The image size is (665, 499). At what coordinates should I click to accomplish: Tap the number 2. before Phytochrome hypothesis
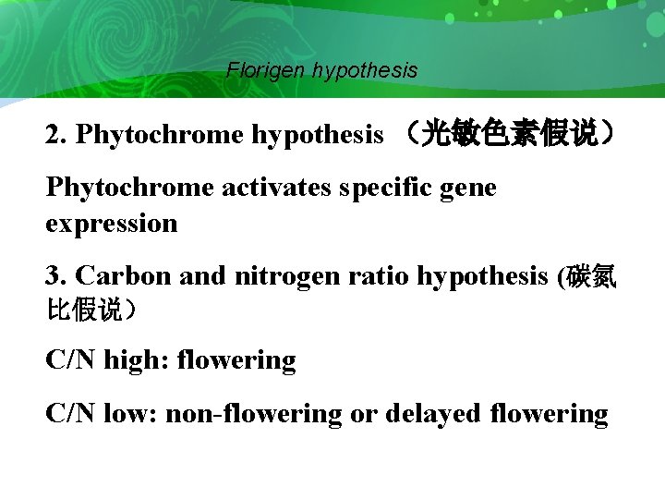coord(56,135)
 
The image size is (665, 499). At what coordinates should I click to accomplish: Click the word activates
coord(277,189)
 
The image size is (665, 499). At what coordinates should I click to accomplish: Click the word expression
coord(111,224)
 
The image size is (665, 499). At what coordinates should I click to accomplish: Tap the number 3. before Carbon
coord(56,276)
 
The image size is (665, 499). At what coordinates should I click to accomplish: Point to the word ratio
coord(382,276)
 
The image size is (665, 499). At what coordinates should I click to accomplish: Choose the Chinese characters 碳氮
coord(592,276)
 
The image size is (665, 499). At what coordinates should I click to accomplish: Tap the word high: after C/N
coord(132,360)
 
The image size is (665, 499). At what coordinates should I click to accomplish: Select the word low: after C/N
coord(130,414)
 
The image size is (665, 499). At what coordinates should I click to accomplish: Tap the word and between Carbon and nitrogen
coord(199,276)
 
